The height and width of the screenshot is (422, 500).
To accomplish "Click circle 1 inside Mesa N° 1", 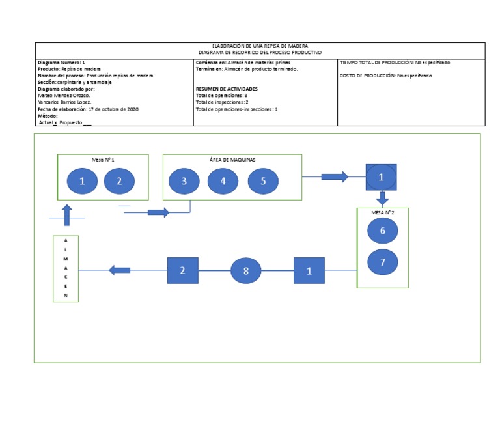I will (x=83, y=182).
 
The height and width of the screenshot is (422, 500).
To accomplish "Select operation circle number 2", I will (x=119, y=182).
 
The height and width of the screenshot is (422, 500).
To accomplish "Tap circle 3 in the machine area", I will (x=184, y=182).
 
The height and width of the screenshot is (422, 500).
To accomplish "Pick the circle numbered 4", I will (x=223, y=182).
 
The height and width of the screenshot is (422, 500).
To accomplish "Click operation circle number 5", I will (x=263, y=182).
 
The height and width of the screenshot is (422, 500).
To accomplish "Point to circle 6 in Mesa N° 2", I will (x=383, y=231).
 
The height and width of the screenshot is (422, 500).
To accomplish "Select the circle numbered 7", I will (x=383, y=262).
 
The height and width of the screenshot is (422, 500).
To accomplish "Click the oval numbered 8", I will (x=246, y=270).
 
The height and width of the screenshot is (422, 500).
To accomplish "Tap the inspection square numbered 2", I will (x=183, y=270).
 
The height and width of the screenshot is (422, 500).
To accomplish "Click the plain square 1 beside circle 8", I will (x=309, y=270).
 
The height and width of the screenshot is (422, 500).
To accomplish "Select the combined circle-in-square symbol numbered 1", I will (x=382, y=176).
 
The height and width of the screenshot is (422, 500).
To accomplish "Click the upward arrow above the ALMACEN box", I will (x=66, y=215).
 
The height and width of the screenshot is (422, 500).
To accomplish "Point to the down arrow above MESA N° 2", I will (x=383, y=198).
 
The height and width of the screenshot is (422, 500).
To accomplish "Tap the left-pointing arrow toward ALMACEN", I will (x=120, y=270).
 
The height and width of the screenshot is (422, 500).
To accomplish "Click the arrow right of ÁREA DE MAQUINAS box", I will (x=335, y=176).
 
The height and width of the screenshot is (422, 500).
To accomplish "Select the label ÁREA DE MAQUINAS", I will (x=232, y=160).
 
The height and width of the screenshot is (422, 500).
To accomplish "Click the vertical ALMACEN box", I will (x=66, y=268).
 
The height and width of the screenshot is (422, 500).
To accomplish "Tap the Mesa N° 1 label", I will (x=103, y=160).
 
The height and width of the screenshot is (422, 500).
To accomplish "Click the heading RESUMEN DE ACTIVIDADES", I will (x=227, y=89).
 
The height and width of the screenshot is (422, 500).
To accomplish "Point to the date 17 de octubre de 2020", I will (x=114, y=109).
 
